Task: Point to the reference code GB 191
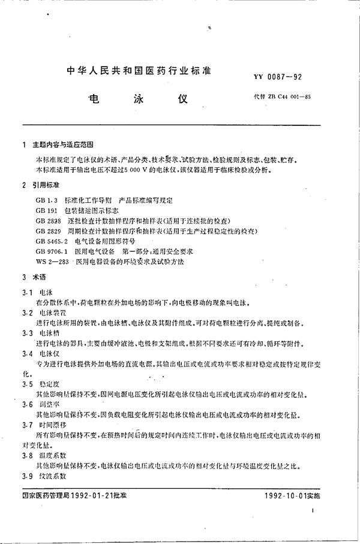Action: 47,211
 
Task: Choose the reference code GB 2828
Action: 49,221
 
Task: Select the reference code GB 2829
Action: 49,230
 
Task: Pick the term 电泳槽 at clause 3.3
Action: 50,332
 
